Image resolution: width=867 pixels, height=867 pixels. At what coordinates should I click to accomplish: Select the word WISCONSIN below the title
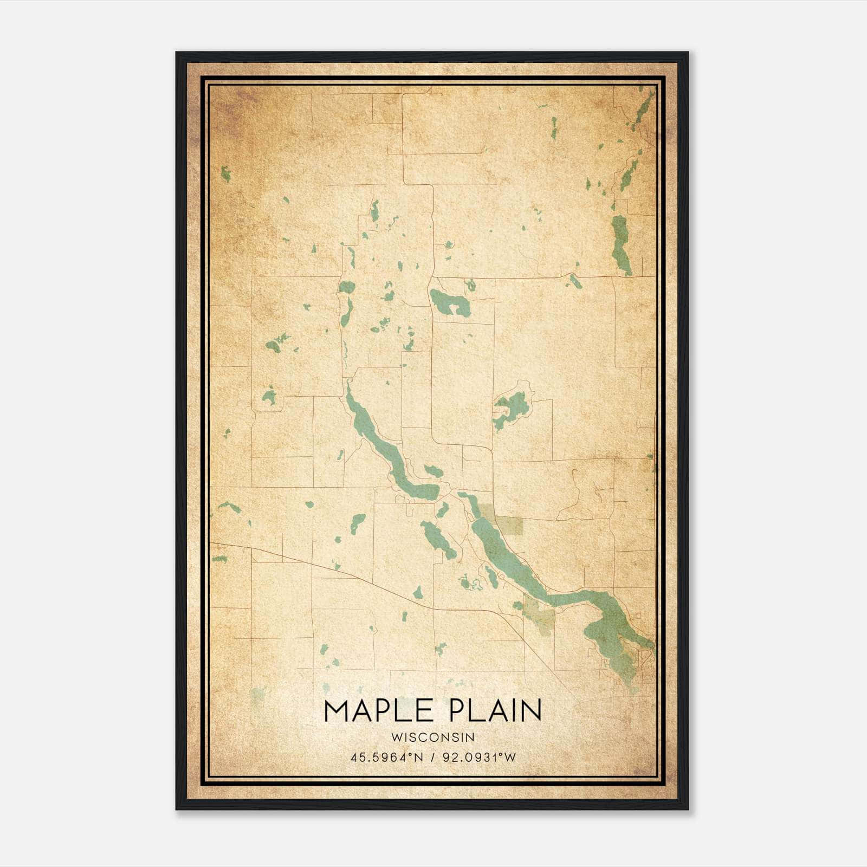click(x=433, y=737)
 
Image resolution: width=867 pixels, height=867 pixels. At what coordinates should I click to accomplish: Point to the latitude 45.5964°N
click(x=385, y=757)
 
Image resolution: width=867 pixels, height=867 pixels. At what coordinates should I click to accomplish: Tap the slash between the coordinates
click(x=432, y=757)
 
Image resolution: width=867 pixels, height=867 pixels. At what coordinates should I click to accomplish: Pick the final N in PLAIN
click(x=532, y=711)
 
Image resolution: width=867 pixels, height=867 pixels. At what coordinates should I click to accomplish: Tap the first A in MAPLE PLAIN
click(x=365, y=711)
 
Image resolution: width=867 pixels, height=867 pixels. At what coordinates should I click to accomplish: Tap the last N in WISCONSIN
click(x=471, y=737)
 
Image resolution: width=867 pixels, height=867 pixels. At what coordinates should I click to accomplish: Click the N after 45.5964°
click(x=418, y=757)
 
